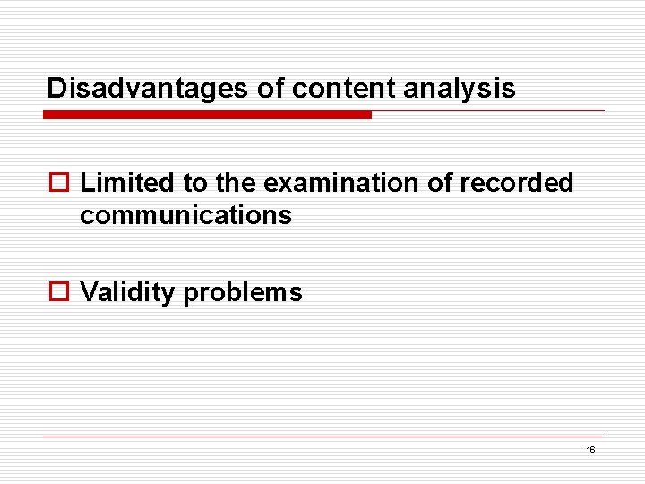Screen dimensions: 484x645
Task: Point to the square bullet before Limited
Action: click(x=60, y=183)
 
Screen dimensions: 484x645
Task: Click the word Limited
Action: click(x=127, y=183)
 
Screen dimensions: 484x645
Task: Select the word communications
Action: click(x=185, y=215)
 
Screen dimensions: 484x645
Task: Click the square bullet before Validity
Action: click(x=60, y=292)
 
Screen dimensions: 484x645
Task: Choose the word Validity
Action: click(x=127, y=292)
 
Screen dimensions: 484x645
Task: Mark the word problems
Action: click(x=243, y=292)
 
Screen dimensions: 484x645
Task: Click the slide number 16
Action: click(x=590, y=449)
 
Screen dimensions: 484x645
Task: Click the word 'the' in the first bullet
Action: click(x=236, y=183)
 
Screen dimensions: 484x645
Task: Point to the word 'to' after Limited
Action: click(x=195, y=183)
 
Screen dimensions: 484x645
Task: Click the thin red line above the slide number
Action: click(x=322, y=436)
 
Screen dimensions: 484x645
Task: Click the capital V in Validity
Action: click(x=88, y=292)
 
